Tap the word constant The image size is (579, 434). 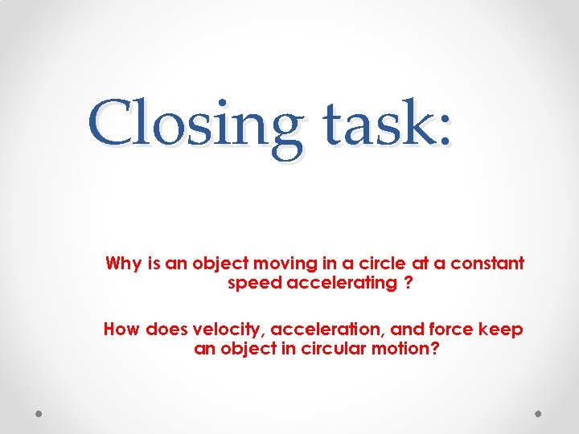487,264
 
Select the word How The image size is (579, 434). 121,330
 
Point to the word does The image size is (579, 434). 165,330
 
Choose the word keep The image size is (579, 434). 503,330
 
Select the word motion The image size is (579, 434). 412,350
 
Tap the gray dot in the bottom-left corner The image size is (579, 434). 39,412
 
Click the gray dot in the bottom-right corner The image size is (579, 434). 539,412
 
